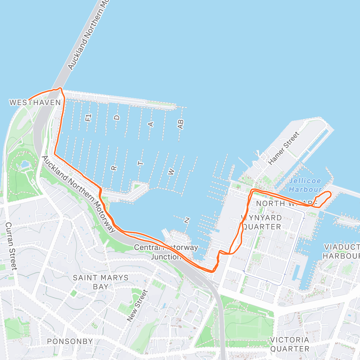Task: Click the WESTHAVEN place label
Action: (35, 103)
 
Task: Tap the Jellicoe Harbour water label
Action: (305, 185)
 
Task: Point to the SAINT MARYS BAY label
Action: (100, 282)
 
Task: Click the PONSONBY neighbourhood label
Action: (70, 341)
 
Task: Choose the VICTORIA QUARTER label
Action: (289, 344)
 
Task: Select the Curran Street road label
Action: (11, 246)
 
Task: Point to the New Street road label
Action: (138, 306)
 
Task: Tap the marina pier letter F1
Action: (88, 117)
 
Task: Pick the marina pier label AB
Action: (180, 124)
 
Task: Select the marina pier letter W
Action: (171, 172)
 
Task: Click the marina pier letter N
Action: (187, 220)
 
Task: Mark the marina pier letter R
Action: (114, 168)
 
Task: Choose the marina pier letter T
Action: (140, 163)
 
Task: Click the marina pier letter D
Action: (117, 117)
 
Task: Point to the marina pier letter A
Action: (151, 124)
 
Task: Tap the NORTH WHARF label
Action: (286, 203)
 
